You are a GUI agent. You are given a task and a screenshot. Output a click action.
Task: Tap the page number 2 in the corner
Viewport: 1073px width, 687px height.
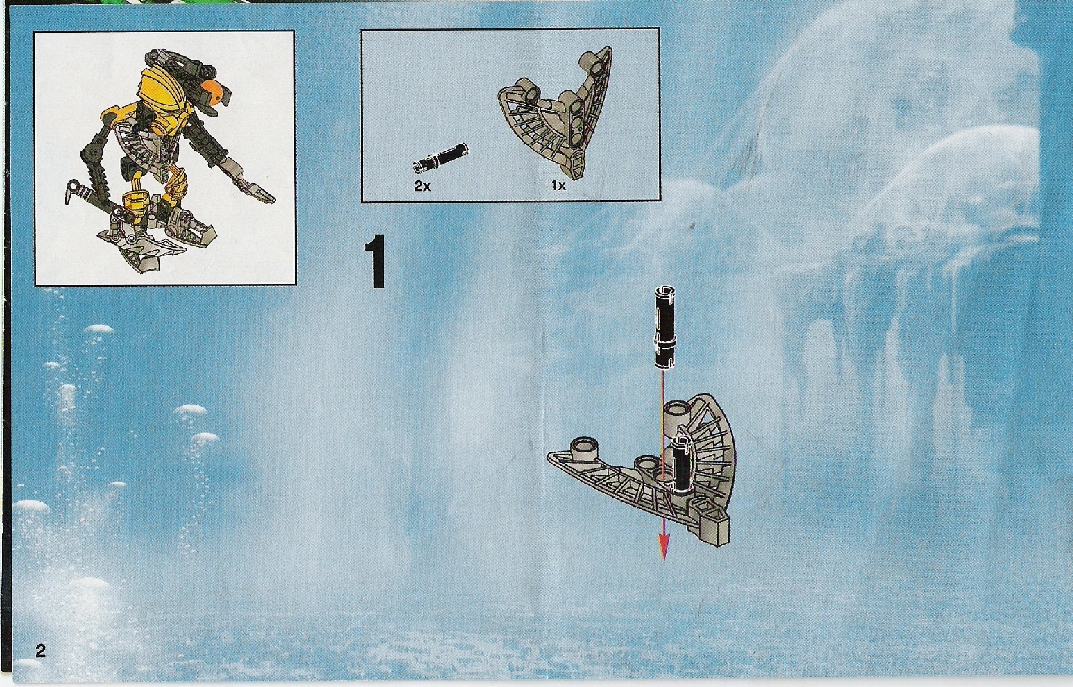point(40,652)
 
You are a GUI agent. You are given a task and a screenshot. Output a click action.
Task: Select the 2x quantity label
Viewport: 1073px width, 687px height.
point(422,187)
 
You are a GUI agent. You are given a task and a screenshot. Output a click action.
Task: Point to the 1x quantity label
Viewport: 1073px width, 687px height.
point(558,187)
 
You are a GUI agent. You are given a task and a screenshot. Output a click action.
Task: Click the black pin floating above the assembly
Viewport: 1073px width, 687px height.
point(663,328)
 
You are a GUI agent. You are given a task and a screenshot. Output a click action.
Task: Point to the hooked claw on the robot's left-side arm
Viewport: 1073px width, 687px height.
point(72,192)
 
